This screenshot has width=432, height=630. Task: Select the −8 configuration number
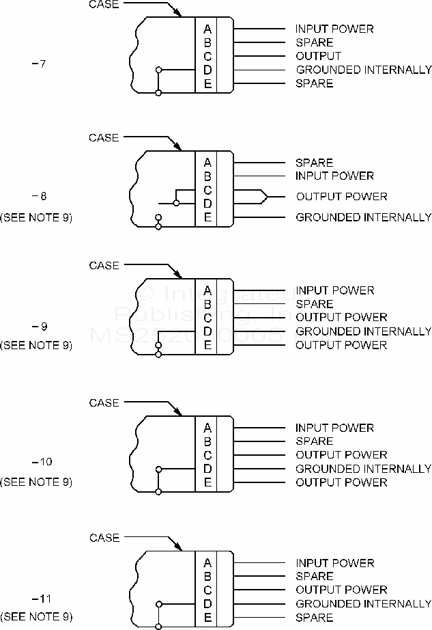(x=39, y=196)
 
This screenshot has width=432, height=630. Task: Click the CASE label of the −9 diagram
(x=104, y=265)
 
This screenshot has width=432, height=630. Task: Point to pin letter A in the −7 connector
(x=207, y=29)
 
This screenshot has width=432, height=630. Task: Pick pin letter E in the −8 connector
(x=207, y=217)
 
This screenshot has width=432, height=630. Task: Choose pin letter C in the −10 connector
(x=207, y=455)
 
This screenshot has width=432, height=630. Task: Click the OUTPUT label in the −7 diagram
(x=318, y=56)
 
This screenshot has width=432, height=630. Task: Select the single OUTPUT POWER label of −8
(x=341, y=197)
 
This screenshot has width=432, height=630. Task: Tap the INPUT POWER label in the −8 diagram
(x=334, y=176)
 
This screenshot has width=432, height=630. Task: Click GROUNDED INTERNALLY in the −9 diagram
(x=363, y=331)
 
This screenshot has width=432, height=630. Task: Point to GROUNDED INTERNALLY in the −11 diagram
(x=363, y=604)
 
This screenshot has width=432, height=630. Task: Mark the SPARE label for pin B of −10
(x=314, y=441)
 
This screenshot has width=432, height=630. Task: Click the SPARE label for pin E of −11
(x=314, y=618)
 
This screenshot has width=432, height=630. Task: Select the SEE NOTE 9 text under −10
(x=36, y=482)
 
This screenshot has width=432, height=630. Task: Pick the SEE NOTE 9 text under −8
(x=36, y=217)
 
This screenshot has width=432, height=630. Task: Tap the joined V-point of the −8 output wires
(x=265, y=197)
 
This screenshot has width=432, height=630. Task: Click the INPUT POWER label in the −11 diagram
(x=334, y=563)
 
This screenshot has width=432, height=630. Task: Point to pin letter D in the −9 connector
(x=207, y=331)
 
